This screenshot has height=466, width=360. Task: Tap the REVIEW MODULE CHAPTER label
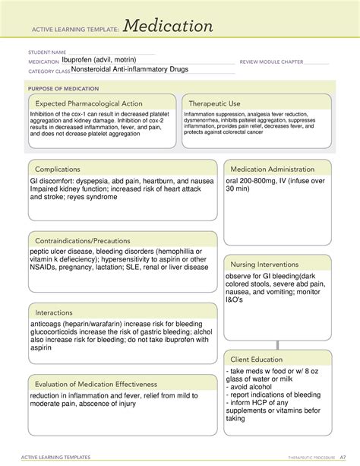271,62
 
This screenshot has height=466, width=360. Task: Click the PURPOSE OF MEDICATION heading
61,89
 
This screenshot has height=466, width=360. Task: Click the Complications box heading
65,169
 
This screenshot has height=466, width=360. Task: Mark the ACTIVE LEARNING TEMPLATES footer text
54,457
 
